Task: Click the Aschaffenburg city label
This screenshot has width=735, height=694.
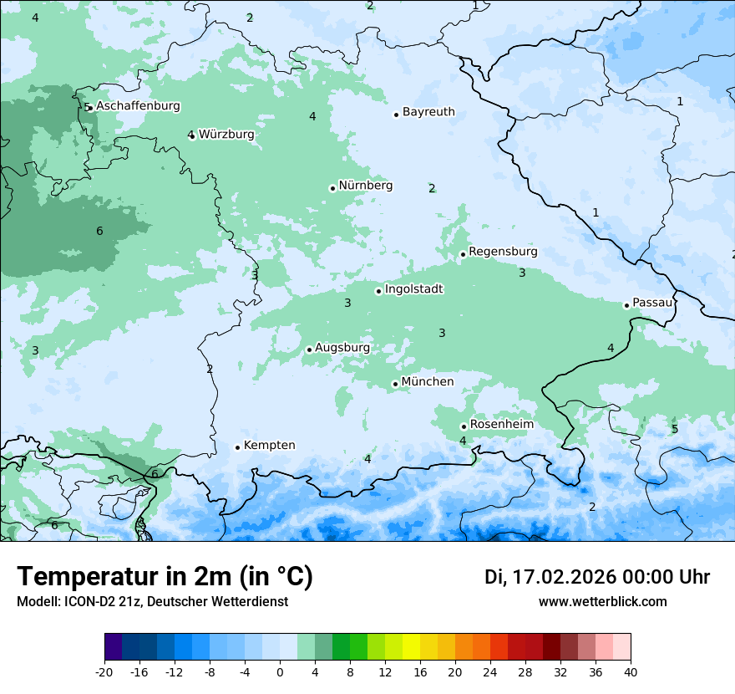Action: (138, 106)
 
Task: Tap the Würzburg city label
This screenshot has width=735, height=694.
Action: (226, 134)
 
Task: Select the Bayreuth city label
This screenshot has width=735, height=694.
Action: (428, 111)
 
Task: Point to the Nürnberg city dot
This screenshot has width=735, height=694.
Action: (332, 188)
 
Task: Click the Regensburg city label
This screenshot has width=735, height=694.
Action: (503, 251)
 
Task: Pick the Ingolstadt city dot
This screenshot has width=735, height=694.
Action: (378, 291)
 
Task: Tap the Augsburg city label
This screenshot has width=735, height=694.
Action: (342, 347)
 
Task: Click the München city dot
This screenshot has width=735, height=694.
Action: (395, 384)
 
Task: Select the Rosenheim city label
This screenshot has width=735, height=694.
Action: (501, 424)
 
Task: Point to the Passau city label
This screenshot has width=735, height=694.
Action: (652, 303)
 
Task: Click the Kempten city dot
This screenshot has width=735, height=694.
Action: (237, 447)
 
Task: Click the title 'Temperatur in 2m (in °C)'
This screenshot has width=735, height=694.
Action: (165, 576)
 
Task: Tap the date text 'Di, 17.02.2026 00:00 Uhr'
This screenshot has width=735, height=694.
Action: (597, 577)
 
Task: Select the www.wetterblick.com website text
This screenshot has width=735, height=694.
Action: (603, 601)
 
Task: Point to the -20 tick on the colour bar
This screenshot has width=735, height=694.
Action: (104, 671)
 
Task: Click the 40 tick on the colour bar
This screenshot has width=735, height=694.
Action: (631, 671)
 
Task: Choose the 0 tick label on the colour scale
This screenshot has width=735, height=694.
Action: (280, 671)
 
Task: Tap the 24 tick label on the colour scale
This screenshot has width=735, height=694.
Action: (490, 671)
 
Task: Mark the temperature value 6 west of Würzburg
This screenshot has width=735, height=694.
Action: (99, 231)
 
